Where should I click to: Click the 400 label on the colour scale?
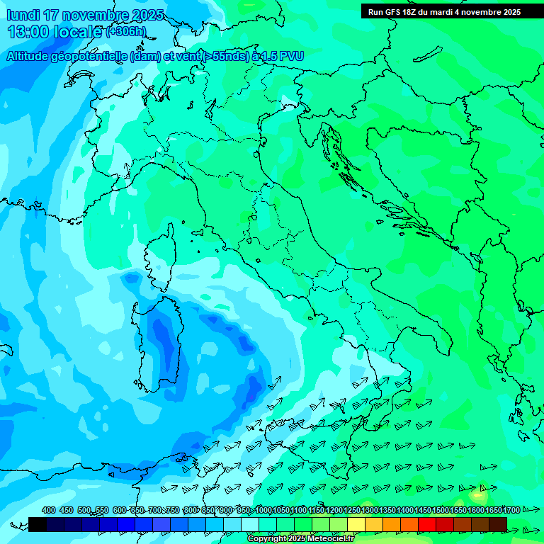(49, 510)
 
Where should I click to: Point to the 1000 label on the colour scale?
(263, 510)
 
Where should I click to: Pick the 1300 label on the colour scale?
(370, 510)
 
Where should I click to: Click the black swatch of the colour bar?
(38, 524)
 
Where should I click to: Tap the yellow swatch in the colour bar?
(356, 524)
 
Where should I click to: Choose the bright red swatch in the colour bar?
(427, 524)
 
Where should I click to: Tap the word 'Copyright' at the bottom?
(266, 539)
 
